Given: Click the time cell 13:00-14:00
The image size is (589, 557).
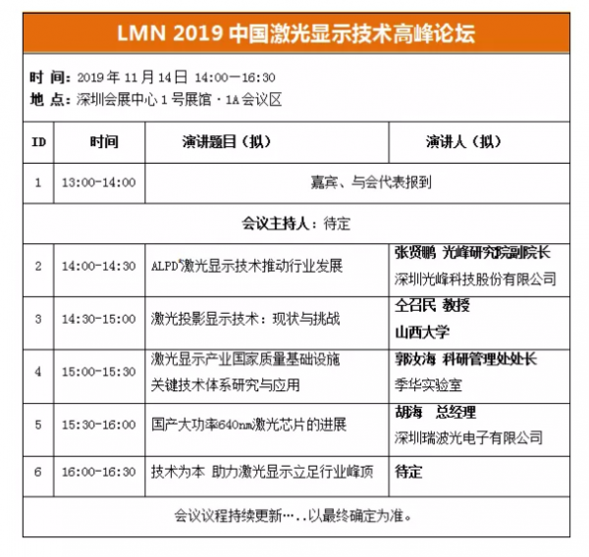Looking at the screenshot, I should [x=98, y=182].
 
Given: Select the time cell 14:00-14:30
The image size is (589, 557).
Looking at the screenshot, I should [x=98, y=266].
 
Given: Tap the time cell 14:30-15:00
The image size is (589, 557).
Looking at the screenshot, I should [x=98, y=319].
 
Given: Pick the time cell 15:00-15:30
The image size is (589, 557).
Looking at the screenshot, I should [x=98, y=372].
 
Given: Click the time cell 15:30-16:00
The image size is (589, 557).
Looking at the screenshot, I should [x=98, y=425].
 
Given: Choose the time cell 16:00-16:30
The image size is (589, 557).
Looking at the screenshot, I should [x=98, y=472].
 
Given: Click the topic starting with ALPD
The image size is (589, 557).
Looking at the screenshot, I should [x=246, y=266].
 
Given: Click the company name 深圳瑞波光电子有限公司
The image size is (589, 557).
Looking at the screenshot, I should [x=469, y=437].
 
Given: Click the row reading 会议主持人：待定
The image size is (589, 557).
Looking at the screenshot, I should [x=294, y=223].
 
